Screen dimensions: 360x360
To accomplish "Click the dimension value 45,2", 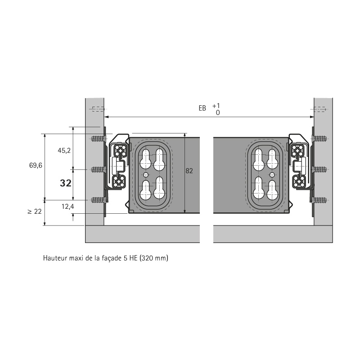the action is point(64,151).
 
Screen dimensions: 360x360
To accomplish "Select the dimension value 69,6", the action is point(36,165).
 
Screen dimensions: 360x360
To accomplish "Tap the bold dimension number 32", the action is point(66,183).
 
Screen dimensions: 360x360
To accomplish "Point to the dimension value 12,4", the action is point(68,207).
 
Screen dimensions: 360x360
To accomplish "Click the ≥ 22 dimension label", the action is point(35,211).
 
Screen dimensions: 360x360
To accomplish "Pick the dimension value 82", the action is point(189,171).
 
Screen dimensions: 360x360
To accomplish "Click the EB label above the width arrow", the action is point(202,108).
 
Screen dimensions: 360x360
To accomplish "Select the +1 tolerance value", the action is point(216,106).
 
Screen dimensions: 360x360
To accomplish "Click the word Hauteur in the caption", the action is point(54,258).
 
